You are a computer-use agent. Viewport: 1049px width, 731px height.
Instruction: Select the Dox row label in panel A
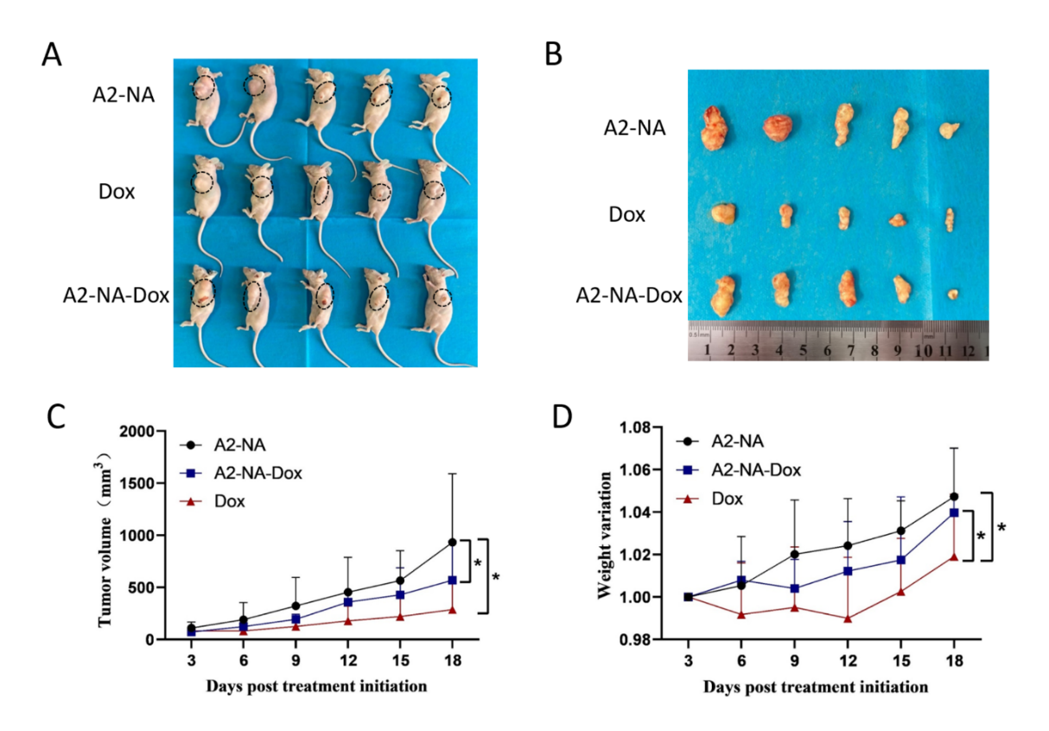pos(117,191)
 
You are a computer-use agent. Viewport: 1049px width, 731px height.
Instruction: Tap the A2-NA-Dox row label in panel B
pos(629,296)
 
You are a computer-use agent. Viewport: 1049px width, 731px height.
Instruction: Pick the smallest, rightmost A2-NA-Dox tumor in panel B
pos(953,294)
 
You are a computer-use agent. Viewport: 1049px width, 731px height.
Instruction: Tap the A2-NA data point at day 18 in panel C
pos(452,542)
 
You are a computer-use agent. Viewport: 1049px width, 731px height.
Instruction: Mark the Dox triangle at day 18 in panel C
pos(452,609)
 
